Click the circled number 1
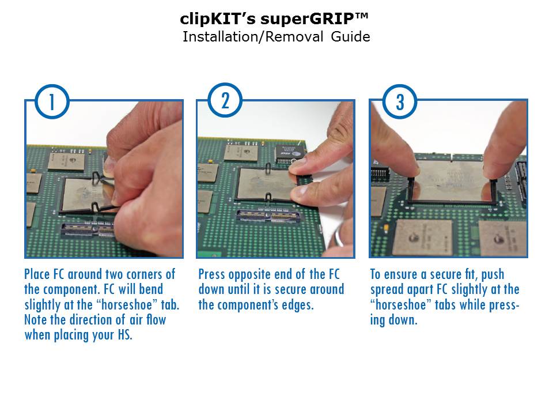point(52,101)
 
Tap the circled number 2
point(225,100)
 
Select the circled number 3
point(400,101)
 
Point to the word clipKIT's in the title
point(218,18)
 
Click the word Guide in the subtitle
point(351,37)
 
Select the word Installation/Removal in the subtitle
point(253,37)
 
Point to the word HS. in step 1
point(124,335)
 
